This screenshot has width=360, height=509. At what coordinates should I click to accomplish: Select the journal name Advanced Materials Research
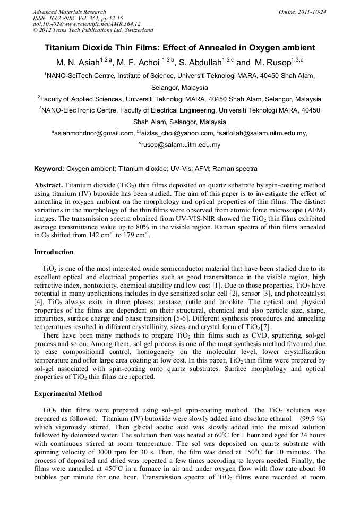[69, 12]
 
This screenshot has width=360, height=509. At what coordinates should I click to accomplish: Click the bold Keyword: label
[49, 169]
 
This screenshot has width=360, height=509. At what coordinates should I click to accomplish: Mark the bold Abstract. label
[49, 185]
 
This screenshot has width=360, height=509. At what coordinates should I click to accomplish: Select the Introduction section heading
[54, 252]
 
